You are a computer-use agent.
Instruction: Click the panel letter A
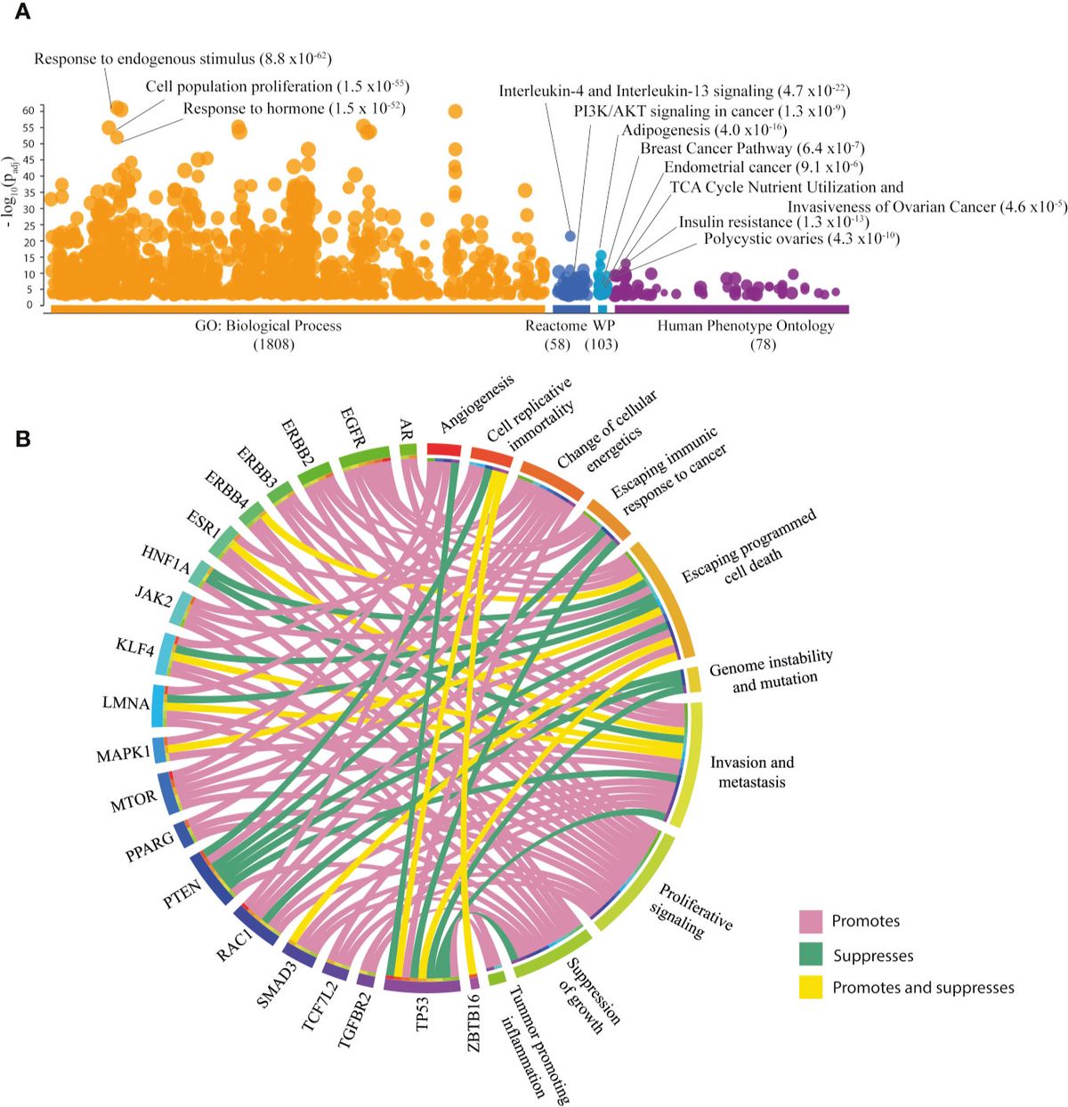21,12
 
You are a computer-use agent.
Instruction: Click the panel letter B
23,438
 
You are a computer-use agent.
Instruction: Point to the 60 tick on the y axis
28,110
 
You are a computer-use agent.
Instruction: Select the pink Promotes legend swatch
810,921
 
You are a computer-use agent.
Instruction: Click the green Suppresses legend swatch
810,955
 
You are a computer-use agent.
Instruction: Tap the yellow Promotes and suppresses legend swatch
810,987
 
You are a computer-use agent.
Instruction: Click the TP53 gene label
423,1014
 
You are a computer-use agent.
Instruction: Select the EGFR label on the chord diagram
352,426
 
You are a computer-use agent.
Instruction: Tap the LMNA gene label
125,703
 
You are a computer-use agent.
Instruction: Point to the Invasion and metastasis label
752,772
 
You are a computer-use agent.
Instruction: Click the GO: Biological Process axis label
268,326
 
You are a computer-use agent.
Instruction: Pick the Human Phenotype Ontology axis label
746,326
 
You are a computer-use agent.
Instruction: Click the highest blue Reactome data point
570,236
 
